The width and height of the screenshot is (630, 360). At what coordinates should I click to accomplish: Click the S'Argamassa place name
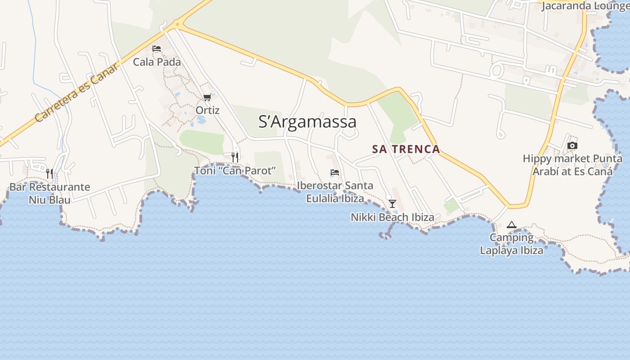pyautogui.click(x=307, y=122)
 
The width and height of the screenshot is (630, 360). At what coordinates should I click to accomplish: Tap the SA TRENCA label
pyautogui.click(x=406, y=149)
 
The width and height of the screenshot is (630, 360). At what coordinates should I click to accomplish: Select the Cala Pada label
pyautogui.click(x=157, y=62)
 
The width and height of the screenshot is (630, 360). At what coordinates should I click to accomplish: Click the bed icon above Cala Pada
pyautogui.click(x=157, y=49)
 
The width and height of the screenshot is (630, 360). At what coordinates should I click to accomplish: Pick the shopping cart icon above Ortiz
pyautogui.click(x=207, y=97)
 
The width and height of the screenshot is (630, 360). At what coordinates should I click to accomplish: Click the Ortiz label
pyautogui.click(x=207, y=110)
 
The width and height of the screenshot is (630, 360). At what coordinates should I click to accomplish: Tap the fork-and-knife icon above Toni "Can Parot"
pyautogui.click(x=234, y=157)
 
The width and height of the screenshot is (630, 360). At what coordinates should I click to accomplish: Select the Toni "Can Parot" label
pyautogui.click(x=234, y=171)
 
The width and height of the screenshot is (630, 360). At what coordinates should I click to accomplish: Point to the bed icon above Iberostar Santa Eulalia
pyautogui.click(x=335, y=172)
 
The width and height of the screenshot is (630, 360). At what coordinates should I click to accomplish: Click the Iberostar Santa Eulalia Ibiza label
pyautogui.click(x=335, y=192)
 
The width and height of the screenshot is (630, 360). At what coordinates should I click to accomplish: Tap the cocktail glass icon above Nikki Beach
pyautogui.click(x=392, y=204)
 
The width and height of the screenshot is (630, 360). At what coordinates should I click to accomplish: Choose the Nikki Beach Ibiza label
pyautogui.click(x=392, y=217)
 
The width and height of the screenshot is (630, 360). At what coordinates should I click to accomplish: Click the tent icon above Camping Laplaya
pyautogui.click(x=511, y=225)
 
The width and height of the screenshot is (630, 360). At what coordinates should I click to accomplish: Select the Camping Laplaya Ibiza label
pyautogui.click(x=511, y=244)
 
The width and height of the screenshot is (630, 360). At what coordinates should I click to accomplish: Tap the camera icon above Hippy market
pyautogui.click(x=572, y=145)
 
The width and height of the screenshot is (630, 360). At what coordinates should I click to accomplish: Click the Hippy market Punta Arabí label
pyautogui.click(x=572, y=165)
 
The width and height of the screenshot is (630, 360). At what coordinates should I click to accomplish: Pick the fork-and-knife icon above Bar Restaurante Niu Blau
pyautogui.click(x=49, y=173)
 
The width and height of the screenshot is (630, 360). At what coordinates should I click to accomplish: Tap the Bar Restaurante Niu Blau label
pyautogui.click(x=49, y=193)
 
